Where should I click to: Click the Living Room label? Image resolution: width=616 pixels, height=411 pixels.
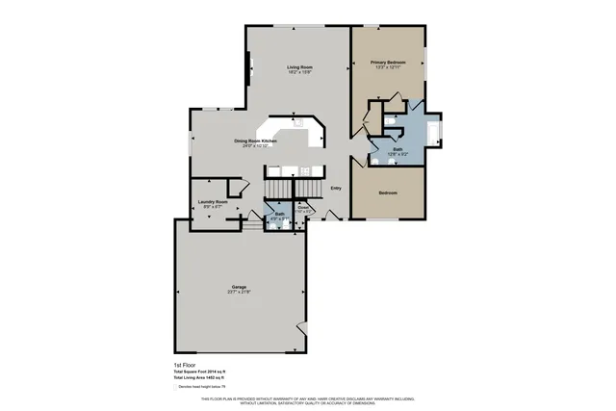(x=299, y=66)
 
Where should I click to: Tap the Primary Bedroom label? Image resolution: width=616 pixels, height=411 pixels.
(x=388, y=63)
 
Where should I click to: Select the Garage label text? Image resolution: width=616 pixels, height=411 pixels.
(x=239, y=287)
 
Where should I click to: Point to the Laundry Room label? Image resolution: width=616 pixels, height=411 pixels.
(x=213, y=201)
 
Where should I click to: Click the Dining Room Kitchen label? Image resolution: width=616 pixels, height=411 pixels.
(x=256, y=141)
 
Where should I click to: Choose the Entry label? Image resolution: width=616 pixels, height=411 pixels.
(x=336, y=189)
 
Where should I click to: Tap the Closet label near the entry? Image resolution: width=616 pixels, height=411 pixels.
(x=302, y=207)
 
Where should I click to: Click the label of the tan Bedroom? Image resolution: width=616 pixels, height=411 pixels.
(x=388, y=193)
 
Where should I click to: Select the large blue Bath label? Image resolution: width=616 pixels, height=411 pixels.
(x=397, y=149)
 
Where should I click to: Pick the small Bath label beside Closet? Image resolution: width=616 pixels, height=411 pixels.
(x=279, y=214)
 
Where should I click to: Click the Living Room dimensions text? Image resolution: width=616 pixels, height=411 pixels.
(x=299, y=72)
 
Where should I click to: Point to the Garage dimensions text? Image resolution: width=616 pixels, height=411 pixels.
(x=239, y=293)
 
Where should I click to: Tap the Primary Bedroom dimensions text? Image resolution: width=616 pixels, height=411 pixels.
(x=388, y=68)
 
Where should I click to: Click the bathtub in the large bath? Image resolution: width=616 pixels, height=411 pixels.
(x=434, y=130)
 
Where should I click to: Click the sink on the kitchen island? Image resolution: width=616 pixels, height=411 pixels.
(x=297, y=123)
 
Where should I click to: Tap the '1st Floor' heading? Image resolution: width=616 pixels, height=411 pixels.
(x=185, y=366)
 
